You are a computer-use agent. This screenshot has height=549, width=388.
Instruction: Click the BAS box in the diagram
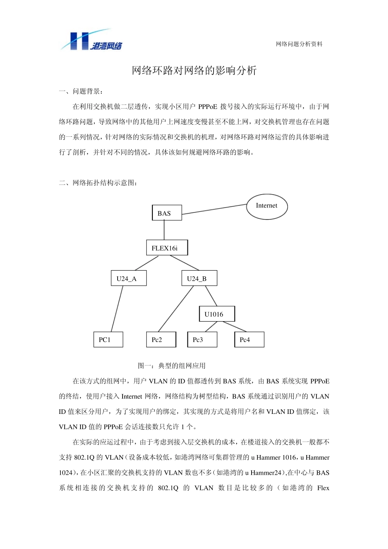pos(167,213)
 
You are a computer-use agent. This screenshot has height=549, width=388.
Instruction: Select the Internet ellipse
pos(267,206)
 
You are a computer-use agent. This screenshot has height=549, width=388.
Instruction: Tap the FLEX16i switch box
pos(167,248)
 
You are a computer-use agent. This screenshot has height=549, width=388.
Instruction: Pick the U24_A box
pos(129,278)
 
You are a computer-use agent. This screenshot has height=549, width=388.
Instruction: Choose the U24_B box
pos(199,278)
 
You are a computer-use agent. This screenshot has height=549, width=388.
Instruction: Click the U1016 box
pos(217,314)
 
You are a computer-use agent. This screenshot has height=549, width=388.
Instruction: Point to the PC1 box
pos(108,340)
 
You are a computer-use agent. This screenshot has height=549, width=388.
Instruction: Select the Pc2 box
pos(161,340)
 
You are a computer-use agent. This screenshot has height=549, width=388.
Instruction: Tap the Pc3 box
pos(202,340)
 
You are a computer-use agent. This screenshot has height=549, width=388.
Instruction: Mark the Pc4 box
pos(249,340)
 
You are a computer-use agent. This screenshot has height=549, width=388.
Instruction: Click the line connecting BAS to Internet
pos(214,209)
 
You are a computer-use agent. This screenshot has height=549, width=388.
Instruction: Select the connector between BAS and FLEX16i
pos(164,230)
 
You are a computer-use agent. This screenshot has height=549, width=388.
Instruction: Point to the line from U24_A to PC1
pos(117,309)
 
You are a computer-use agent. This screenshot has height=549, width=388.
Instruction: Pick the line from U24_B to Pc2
pos(176,309)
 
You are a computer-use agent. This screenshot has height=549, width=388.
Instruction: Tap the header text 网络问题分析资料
pos(299,44)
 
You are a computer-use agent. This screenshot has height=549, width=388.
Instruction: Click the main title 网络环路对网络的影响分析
pos(194,71)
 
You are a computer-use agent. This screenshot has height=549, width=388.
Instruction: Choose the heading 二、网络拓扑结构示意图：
pos(98,183)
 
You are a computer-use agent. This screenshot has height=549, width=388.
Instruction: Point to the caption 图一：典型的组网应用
pos(172,366)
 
